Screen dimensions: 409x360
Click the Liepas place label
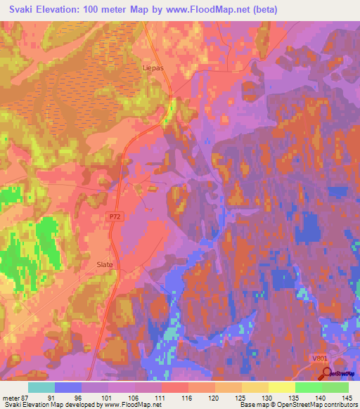(x=153, y=69)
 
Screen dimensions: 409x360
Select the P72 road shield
(x=115, y=219)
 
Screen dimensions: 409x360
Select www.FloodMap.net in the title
(x=214, y=10)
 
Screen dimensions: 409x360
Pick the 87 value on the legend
(x=27, y=397)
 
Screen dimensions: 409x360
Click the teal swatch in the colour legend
(x=41, y=387)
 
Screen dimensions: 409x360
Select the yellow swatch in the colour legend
(x=281, y=387)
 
